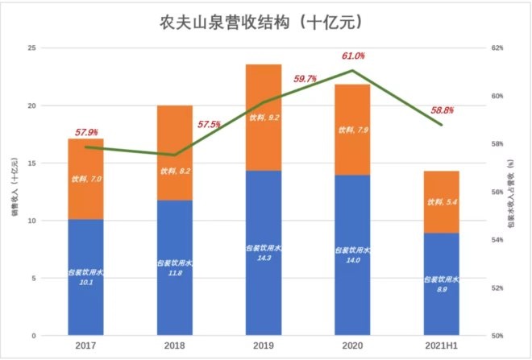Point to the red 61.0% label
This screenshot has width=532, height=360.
point(353,56)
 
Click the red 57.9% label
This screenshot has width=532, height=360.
point(86,130)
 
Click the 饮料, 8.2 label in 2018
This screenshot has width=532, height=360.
point(175,171)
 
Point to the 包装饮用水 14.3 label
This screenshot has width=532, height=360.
point(264,254)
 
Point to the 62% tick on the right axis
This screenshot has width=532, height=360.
point(497,48)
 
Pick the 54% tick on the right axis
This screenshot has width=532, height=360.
point(497,240)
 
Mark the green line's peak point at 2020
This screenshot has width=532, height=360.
point(352,71)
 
